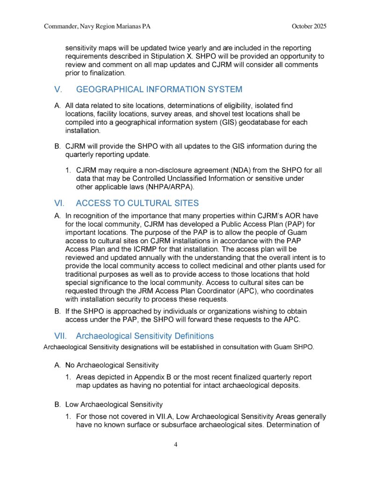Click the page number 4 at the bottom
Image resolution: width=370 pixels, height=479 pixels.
[x=175, y=444]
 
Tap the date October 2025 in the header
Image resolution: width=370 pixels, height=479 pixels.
[x=309, y=26]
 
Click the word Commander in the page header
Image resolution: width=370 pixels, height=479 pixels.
[x=62, y=26]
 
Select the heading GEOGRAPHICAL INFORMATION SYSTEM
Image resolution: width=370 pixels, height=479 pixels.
[x=159, y=89]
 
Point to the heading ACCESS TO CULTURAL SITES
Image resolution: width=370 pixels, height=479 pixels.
[x=137, y=203]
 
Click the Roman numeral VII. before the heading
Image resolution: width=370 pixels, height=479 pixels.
[x=62, y=336]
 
